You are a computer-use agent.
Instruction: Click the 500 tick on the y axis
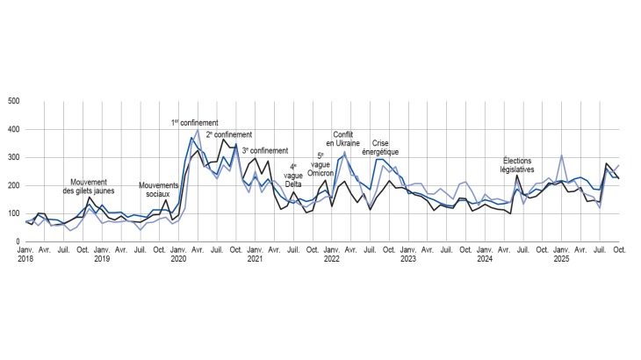coord(14,102)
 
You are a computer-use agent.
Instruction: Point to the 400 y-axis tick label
coord(14,130)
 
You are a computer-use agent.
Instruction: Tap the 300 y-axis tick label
coord(14,158)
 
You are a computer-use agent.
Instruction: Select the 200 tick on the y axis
coord(14,186)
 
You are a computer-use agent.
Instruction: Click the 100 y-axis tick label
coord(14,214)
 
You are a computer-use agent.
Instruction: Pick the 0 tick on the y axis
coord(18,241)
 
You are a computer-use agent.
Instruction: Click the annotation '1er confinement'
coord(194,123)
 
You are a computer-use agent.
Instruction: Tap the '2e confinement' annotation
coord(228,135)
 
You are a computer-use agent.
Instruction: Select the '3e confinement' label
coord(264,151)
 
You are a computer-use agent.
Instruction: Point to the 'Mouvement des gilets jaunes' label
coord(90,187)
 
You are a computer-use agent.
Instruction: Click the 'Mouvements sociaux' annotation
coord(159,191)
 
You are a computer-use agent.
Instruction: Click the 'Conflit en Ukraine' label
coord(342,139)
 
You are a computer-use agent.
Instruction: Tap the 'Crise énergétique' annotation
coord(380,147)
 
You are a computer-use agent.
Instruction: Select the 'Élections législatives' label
coord(518,165)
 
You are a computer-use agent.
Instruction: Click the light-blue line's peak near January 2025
coord(561,156)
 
